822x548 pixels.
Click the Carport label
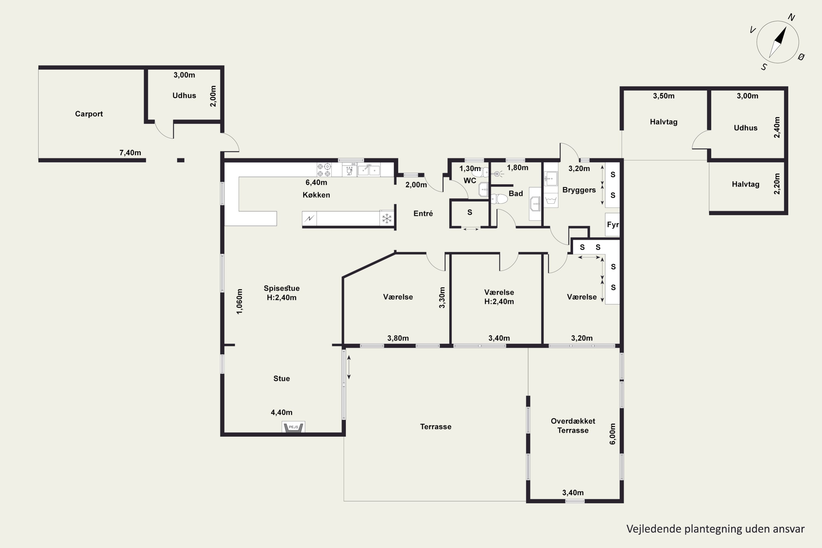[x=89, y=114]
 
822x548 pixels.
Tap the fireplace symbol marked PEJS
[x=293, y=427]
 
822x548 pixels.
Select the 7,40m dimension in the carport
[x=130, y=153]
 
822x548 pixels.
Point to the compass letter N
[x=792, y=18]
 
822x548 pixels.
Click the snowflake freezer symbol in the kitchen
[x=387, y=219]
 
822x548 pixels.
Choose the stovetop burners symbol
[x=324, y=170]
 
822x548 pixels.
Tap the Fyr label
[x=613, y=225]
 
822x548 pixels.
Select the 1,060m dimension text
[x=239, y=301]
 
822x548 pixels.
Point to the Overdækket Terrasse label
[x=573, y=426]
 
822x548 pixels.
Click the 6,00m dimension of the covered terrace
[x=612, y=434]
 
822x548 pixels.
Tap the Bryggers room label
[x=579, y=190]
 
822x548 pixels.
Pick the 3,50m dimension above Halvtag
[x=664, y=96]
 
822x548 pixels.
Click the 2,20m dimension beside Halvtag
[x=777, y=184]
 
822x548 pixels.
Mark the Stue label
[x=281, y=378]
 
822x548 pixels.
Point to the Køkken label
[x=316, y=195]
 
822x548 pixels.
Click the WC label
[x=470, y=181]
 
